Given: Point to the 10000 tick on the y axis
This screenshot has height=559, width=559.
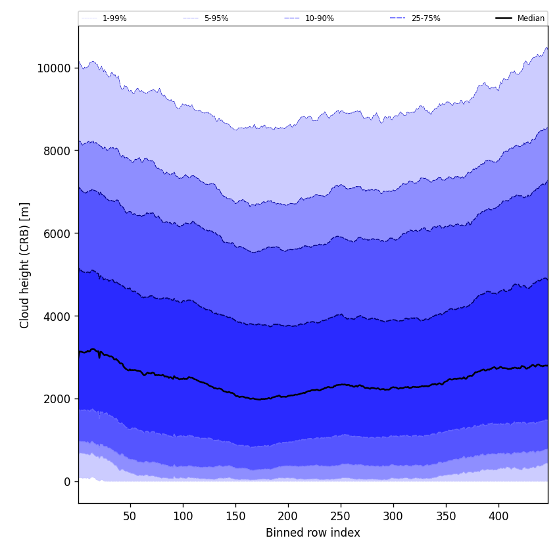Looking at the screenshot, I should [54, 68].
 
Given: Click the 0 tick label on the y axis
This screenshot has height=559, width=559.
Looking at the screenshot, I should [66, 482].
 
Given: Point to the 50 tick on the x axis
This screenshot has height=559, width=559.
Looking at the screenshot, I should [130, 517].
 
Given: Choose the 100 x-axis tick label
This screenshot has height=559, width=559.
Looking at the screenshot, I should [183, 517].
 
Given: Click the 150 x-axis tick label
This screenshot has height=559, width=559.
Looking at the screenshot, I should [235, 517].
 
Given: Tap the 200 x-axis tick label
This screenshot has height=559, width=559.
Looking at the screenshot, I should [288, 517].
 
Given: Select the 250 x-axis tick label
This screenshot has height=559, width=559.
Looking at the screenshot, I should [341, 517].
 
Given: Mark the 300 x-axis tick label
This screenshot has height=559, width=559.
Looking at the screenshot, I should [393, 517].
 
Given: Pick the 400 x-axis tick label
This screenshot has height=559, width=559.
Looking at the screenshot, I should [498, 517].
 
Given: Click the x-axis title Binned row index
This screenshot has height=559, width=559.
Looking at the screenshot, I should [313, 533].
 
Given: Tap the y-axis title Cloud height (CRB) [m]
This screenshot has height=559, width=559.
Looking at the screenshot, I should [26, 265].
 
